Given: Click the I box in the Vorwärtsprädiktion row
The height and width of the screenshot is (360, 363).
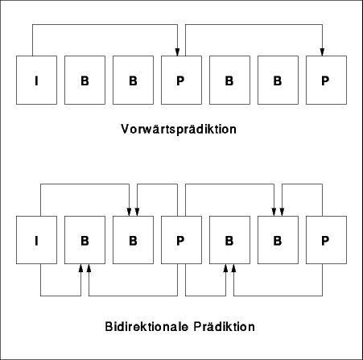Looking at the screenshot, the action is coord(36,80).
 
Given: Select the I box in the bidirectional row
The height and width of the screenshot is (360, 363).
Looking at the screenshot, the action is coord(36,240).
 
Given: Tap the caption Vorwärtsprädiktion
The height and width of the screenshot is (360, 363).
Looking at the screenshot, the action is coord(179,130).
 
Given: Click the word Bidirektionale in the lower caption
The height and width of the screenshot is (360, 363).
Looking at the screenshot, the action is coord(146,327).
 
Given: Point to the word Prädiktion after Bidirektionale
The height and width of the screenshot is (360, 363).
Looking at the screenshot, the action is coord(225,327).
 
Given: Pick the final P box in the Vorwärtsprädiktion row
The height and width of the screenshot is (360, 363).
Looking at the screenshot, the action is coord(326,80).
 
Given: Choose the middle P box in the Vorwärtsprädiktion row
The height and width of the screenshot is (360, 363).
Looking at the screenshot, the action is coord(181,80).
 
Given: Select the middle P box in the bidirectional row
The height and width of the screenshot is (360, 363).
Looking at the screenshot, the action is coord(181,240).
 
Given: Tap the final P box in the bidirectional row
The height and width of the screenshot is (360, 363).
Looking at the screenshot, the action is coord(326,240).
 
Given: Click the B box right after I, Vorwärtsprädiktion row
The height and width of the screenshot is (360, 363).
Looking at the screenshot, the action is coord(85,80).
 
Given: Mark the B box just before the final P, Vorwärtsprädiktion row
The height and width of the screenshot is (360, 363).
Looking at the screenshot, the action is coord(278,80).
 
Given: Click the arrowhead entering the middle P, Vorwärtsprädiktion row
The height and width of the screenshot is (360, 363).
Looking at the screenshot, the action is coord(177,52).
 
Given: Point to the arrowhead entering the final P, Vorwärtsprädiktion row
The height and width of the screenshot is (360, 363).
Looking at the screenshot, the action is coord(322,52).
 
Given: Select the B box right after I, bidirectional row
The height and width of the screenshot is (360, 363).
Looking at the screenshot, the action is coord(85,240).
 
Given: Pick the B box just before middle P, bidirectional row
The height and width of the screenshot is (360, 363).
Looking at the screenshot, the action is coord(133,240).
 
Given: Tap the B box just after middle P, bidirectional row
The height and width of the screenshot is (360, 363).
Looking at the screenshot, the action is coord(229,240).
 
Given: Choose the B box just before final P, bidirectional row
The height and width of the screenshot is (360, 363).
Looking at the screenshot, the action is coord(278,240).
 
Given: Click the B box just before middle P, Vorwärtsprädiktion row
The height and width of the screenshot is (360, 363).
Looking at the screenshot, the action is coord(133,80).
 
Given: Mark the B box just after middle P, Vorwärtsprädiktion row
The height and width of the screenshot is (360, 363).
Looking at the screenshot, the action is coord(229,80).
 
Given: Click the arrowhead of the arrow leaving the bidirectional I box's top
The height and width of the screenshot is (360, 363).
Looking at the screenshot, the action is coord(129,212).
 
